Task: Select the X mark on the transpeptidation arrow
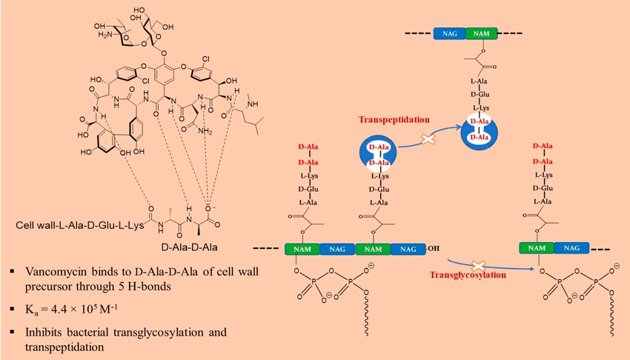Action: pyautogui.click(x=427, y=139)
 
